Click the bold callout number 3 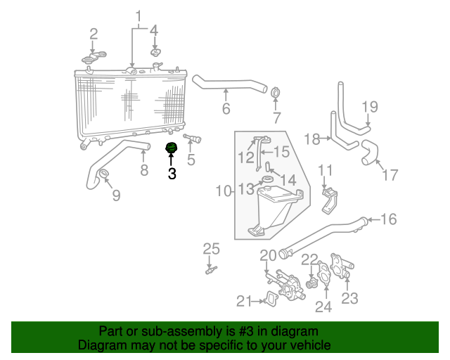point(172,174)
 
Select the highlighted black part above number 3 point(170,148)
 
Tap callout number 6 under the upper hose point(226,108)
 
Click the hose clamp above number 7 point(276,94)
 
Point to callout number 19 point(370,107)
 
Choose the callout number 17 point(390,174)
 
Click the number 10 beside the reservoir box point(223,191)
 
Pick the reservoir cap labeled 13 point(266,184)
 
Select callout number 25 point(212,248)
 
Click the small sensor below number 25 point(210,270)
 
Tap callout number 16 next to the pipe point(389,219)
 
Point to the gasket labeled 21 point(268,302)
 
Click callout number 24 point(323,306)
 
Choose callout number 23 point(349,298)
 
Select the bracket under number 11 point(329,200)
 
